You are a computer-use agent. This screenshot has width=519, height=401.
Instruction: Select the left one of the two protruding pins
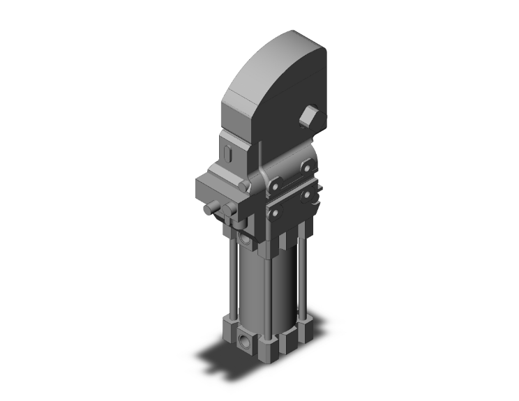coord(210,210)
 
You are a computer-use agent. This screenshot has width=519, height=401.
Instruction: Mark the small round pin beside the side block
coord(243,186)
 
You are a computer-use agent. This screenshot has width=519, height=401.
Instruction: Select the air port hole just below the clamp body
coord(243,240)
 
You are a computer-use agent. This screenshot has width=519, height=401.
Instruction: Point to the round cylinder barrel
coord(264,286)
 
